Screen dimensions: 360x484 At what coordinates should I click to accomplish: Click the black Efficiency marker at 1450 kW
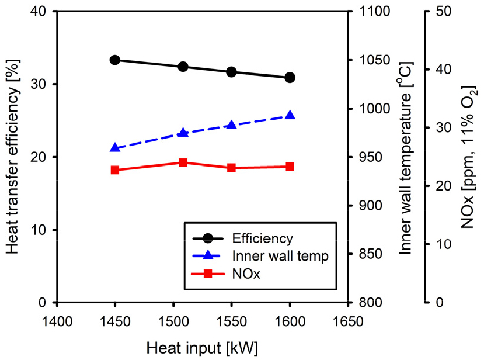115,60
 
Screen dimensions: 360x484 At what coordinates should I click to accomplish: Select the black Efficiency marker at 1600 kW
290,78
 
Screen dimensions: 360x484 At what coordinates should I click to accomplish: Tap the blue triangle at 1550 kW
231,125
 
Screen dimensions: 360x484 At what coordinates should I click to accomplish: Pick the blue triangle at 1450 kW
115,148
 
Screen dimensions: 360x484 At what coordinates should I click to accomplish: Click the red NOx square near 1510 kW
183,162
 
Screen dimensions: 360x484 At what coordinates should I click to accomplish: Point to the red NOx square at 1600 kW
290,167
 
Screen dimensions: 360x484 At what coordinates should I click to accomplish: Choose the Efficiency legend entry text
262,238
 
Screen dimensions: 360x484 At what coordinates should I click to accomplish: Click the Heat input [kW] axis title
202,346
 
